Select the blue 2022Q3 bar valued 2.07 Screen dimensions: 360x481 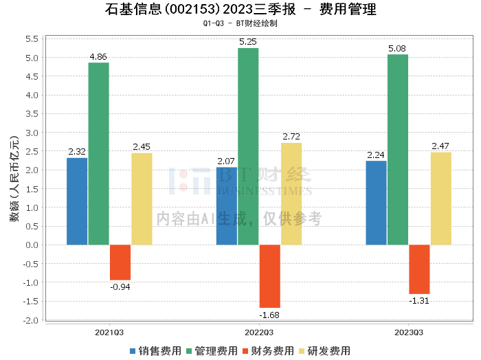coord(227,205)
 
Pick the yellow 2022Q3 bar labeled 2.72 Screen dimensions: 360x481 coord(291,193)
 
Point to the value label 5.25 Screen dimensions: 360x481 coord(248,41)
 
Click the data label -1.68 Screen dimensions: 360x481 coord(269,315)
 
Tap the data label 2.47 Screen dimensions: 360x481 coord(440,146)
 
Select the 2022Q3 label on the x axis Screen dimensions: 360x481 coord(259,332)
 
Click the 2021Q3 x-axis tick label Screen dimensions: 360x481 coord(109,332)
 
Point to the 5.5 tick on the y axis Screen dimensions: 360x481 coord(32,38)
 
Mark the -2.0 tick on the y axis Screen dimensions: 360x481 coord(30,320)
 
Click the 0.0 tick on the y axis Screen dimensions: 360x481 coord(32,245)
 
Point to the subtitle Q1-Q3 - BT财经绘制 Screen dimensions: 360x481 coord(240,23)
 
